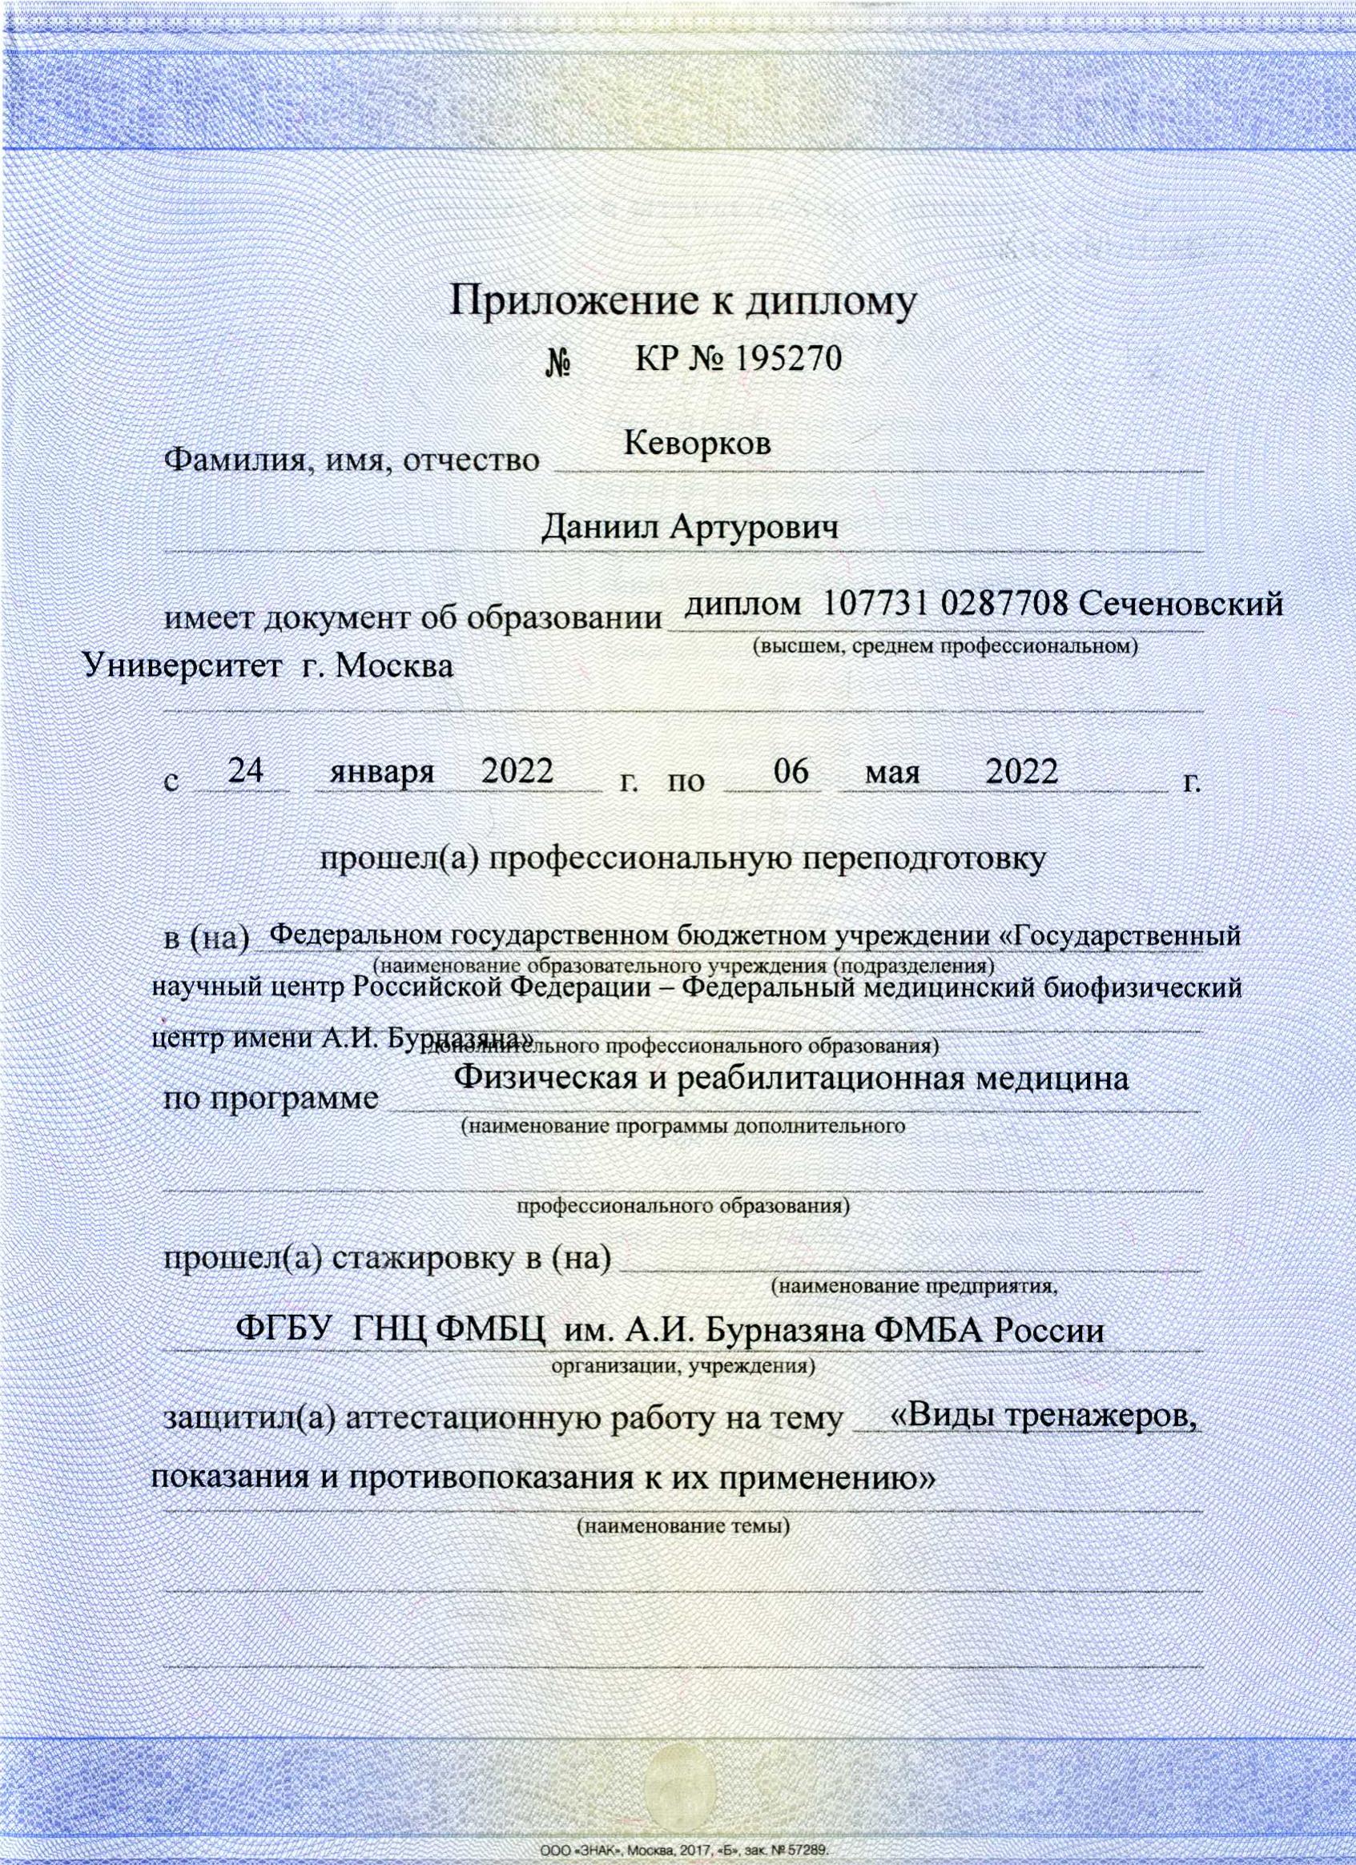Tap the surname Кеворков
click(x=698, y=444)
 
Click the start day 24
click(x=245, y=770)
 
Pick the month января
click(x=382, y=773)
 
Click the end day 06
click(x=791, y=771)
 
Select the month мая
click(x=892, y=774)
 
